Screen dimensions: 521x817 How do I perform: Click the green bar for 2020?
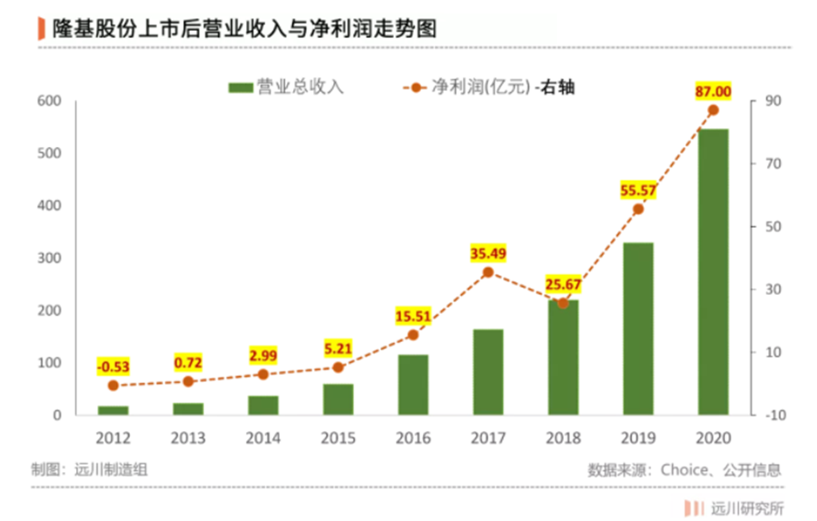coord(713,272)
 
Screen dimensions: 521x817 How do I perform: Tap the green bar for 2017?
coord(487,372)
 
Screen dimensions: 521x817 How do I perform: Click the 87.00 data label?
coord(713,91)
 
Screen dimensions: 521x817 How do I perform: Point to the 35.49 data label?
coord(487,253)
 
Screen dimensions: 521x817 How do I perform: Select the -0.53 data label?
coord(113,367)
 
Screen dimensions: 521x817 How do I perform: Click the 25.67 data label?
coord(563,285)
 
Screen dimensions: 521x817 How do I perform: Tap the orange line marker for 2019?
coord(638,209)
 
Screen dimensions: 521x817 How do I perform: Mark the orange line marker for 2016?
coord(413,335)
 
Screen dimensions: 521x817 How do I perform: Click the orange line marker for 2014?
coord(263,374)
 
